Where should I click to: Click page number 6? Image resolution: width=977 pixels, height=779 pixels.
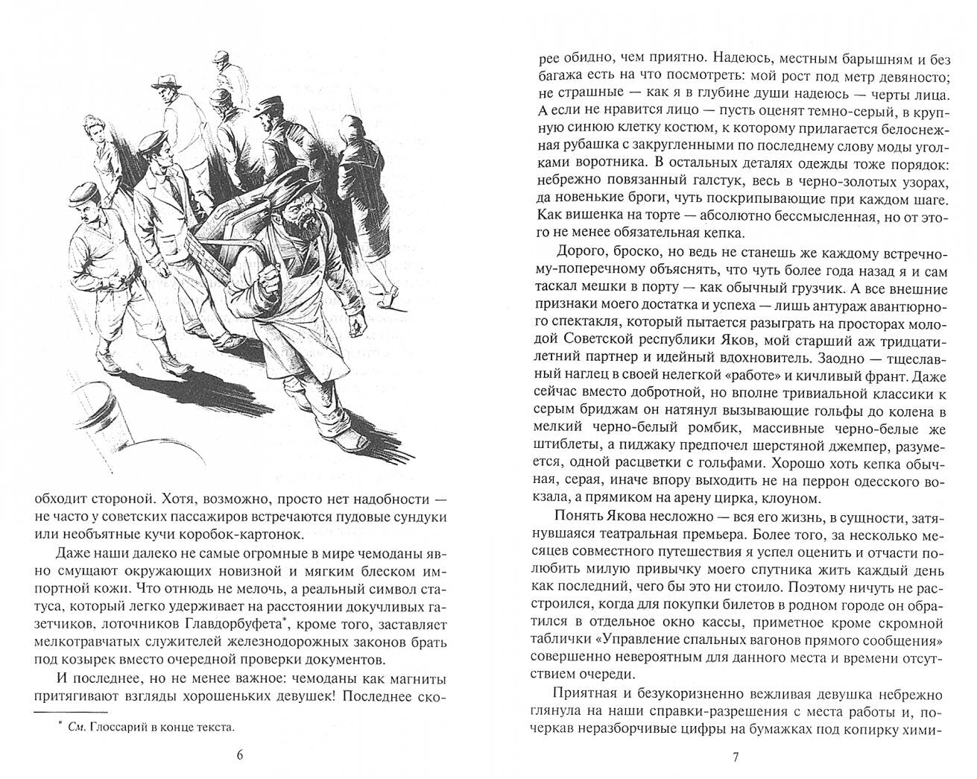tap(239, 755)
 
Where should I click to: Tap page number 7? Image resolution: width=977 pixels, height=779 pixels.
tap(735, 757)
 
